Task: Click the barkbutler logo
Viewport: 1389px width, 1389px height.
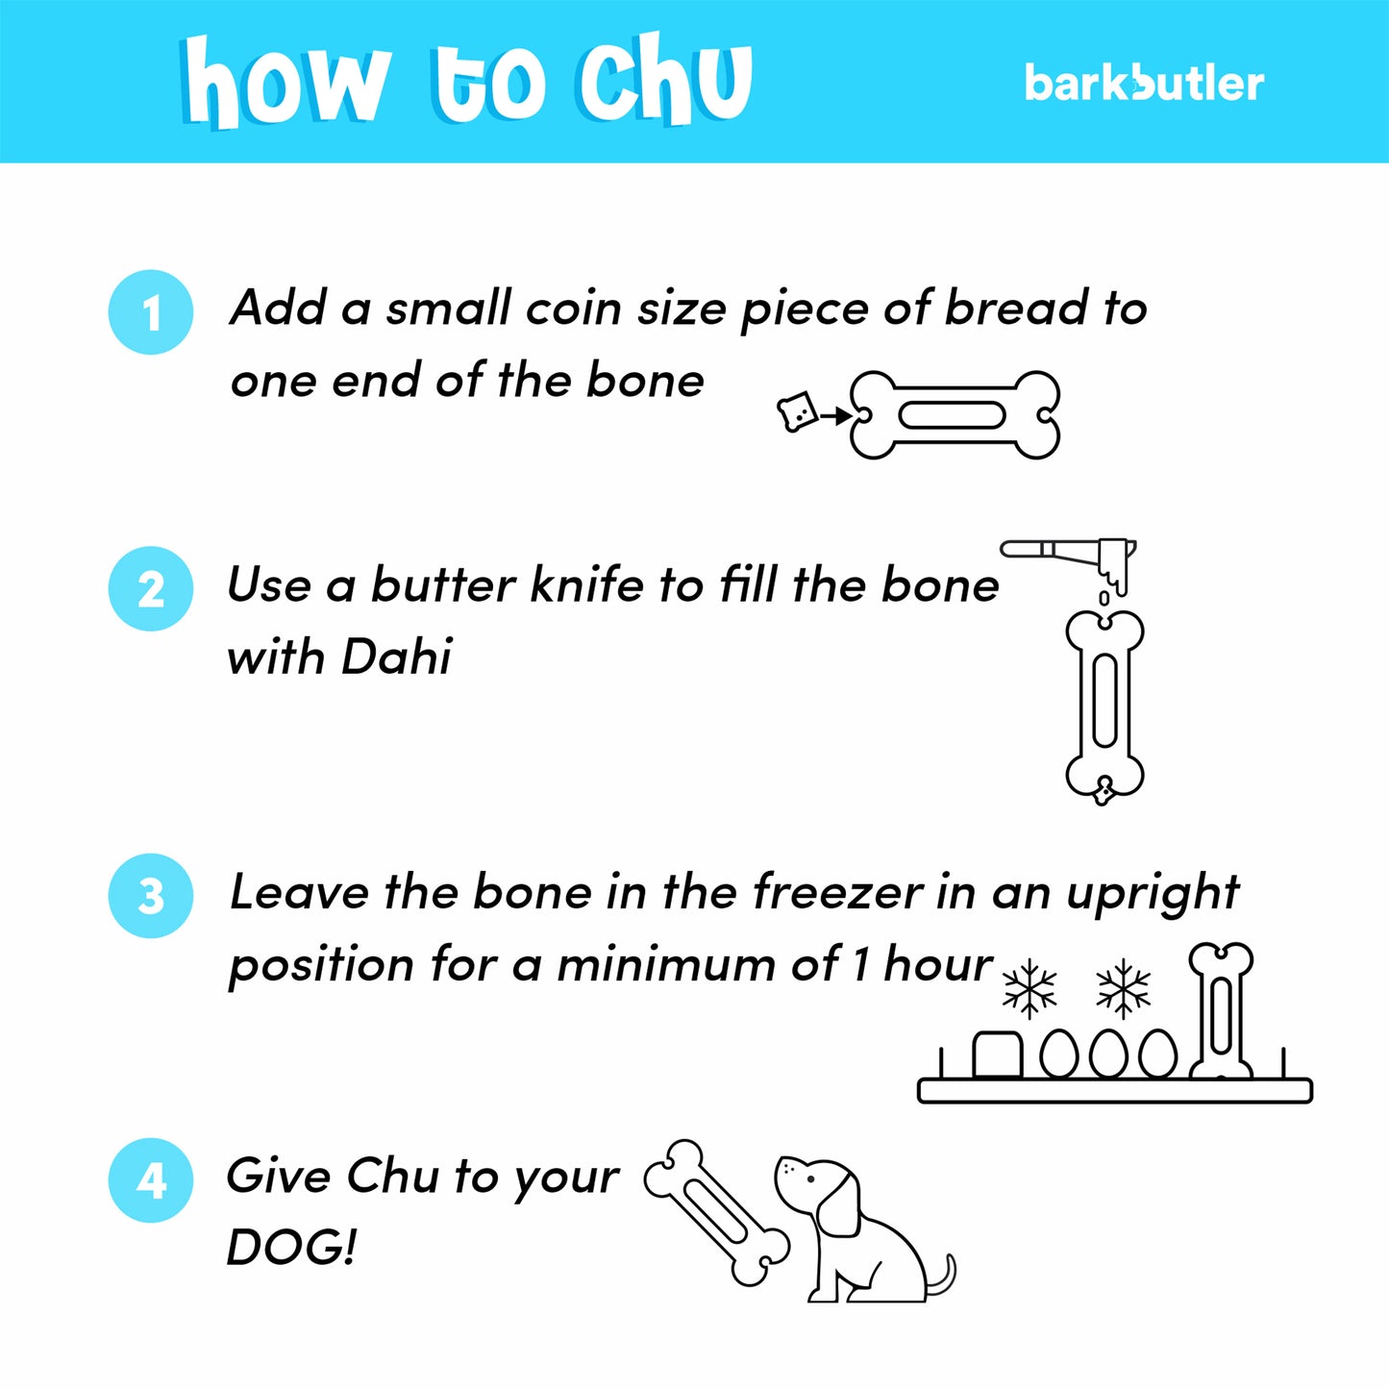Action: tap(1143, 84)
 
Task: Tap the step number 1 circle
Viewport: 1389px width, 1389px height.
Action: tap(151, 312)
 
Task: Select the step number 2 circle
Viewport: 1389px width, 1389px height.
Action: tap(151, 588)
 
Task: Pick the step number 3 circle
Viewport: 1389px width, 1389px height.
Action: tap(151, 895)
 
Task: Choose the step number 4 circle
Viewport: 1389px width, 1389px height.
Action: tap(151, 1179)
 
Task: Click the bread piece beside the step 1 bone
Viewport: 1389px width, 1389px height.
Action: tap(797, 412)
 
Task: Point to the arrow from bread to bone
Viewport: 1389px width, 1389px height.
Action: tap(836, 415)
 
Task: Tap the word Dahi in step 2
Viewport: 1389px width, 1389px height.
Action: tap(396, 657)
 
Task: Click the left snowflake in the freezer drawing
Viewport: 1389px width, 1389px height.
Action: tap(1029, 988)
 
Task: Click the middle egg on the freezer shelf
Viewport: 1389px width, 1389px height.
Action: tap(1108, 1054)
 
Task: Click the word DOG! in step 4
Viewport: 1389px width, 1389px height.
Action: tap(291, 1248)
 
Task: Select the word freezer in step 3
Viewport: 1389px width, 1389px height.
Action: tap(837, 892)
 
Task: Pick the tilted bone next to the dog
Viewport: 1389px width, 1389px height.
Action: tap(716, 1212)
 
